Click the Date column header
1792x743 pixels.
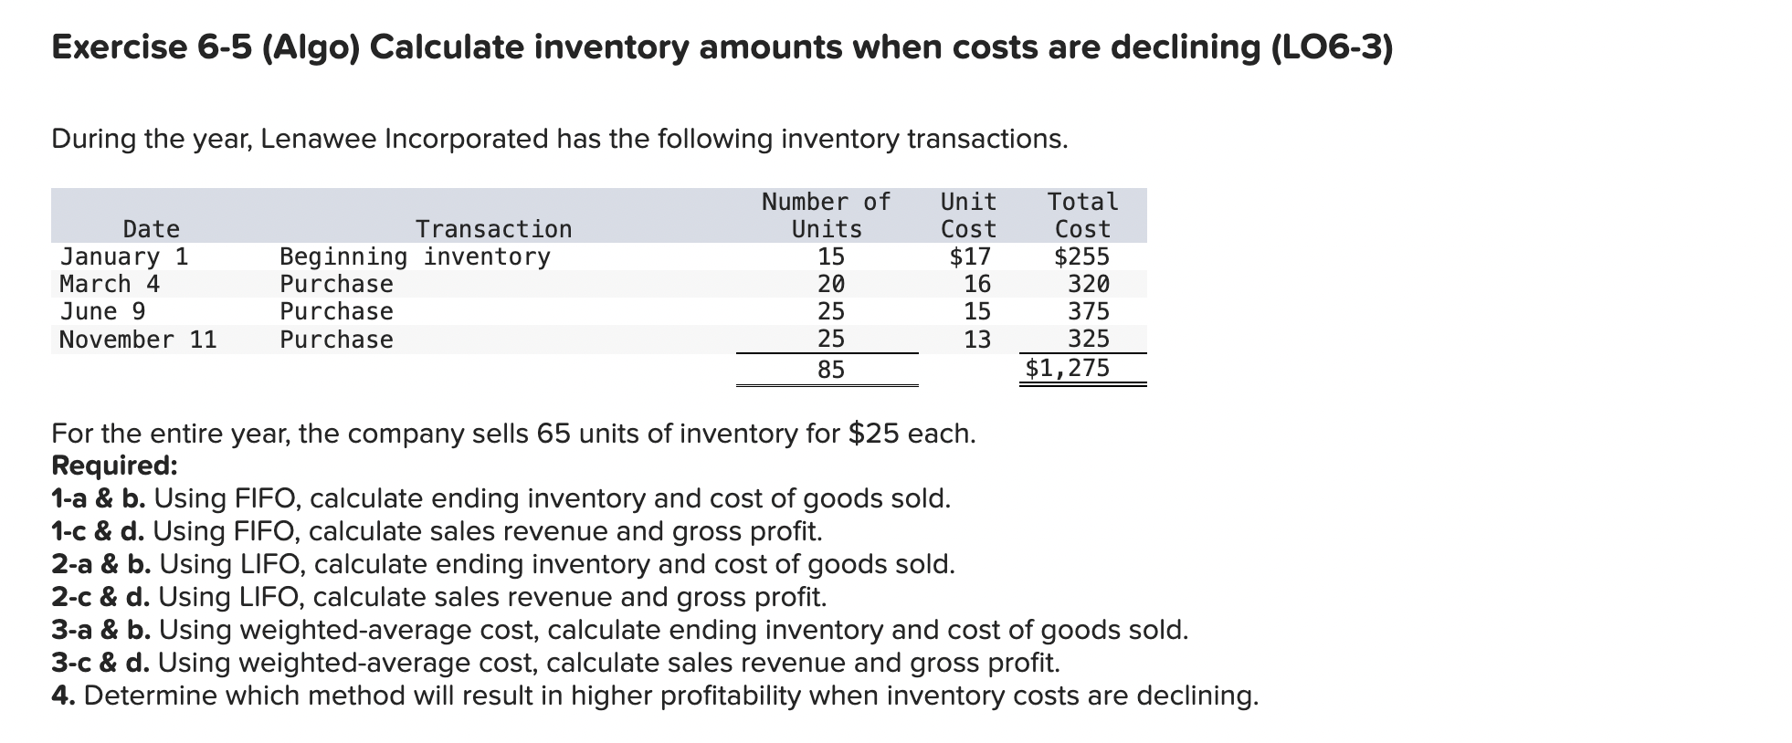(152, 229)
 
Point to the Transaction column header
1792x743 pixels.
(493, 229)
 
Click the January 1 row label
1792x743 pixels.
(123, 256)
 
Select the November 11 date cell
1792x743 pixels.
(138, 340)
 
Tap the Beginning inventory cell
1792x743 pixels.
(415, 256)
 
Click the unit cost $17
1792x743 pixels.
(970, 256)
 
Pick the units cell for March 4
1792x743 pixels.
(830, 284)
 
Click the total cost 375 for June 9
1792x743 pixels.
(1089, 311)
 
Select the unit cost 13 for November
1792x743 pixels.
(976, 340)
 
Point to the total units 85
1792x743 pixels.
(830, 370)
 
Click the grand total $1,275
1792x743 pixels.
(1067, 368)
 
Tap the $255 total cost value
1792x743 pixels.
(1081, 256)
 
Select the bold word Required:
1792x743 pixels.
(114, 466)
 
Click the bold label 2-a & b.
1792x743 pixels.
(101, 564)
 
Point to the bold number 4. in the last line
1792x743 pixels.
(63, 696)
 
